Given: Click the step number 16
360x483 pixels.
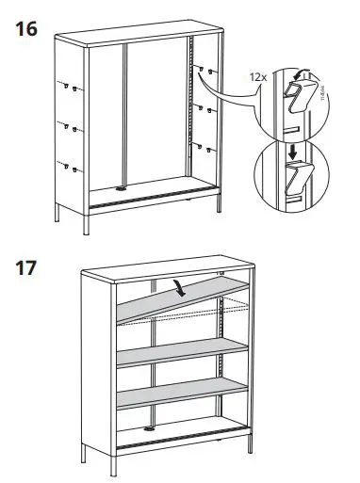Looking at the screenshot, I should click(x=27, y=29).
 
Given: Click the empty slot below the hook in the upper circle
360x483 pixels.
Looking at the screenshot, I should click(x=293, y=126).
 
